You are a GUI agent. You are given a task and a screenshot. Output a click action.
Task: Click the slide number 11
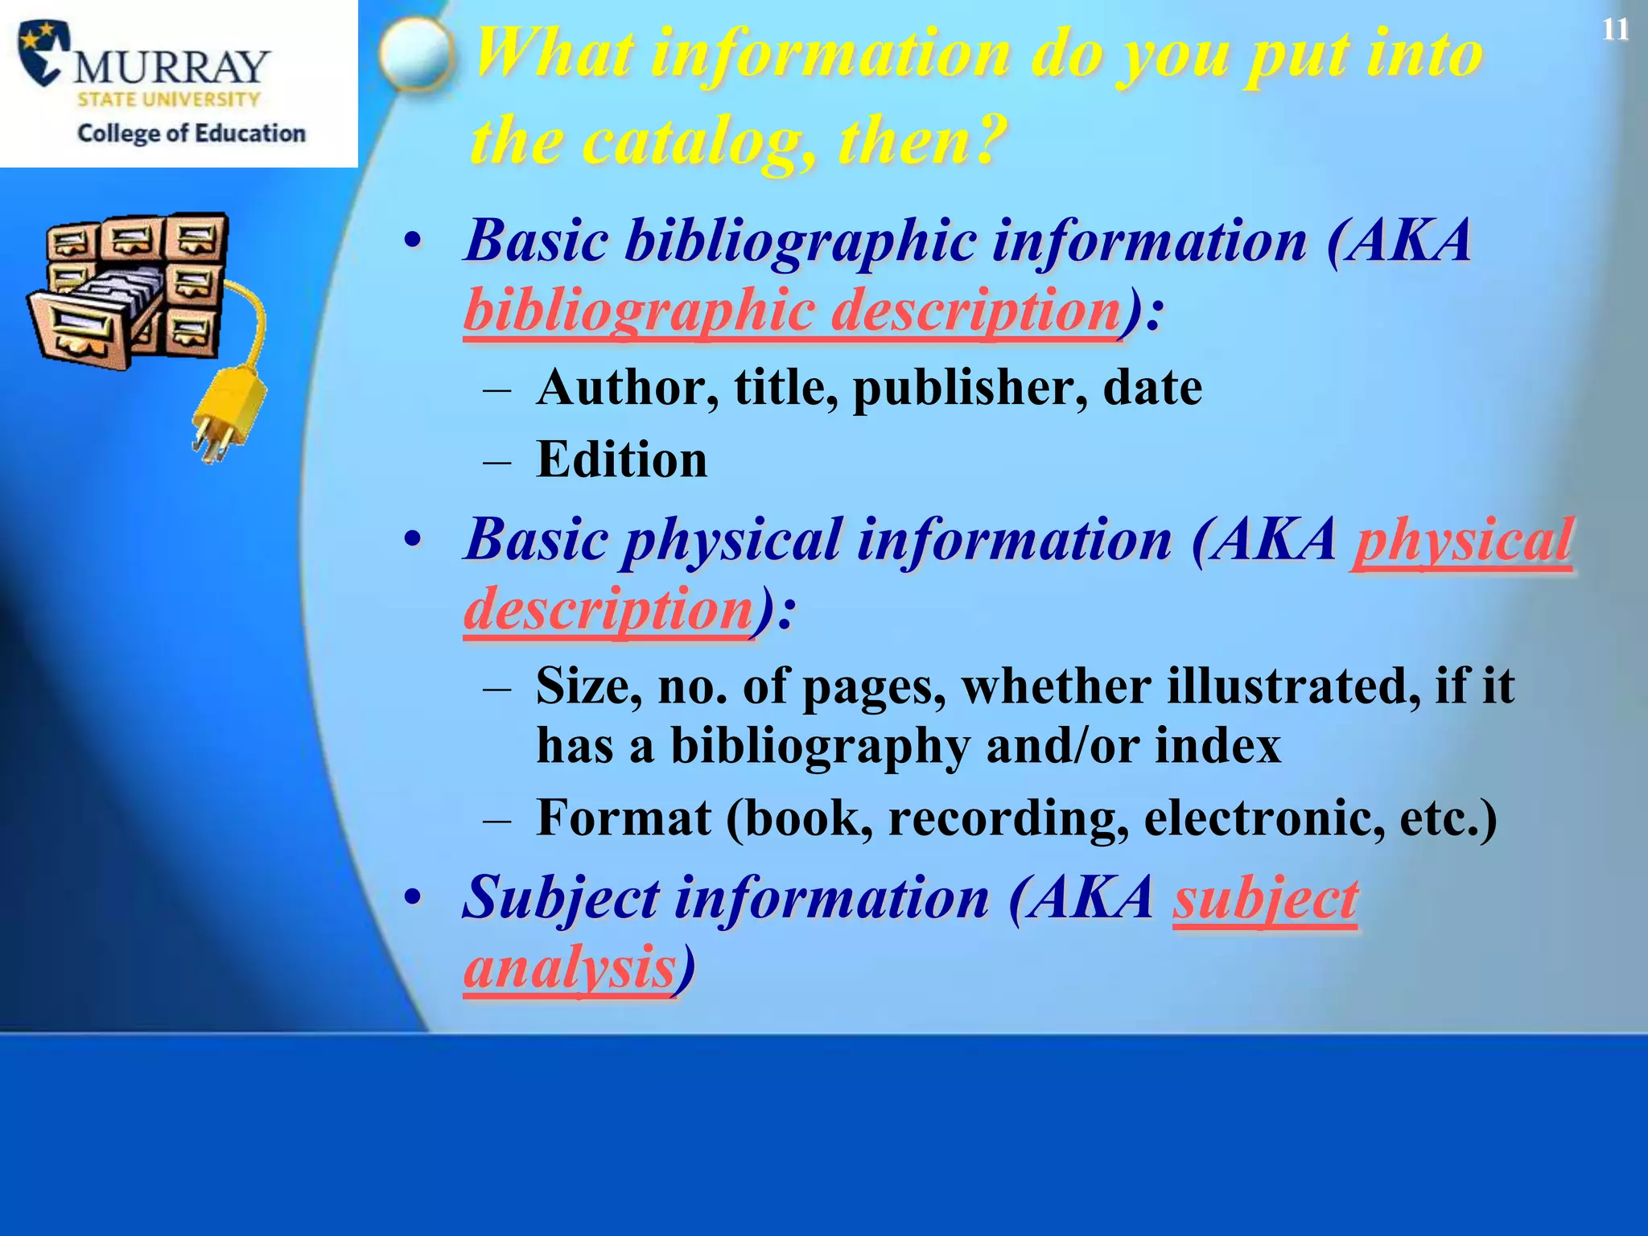tap(1614, 30)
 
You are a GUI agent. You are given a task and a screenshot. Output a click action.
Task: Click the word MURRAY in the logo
tap(171, 67)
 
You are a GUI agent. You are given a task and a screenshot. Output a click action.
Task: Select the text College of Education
tap(192, 133)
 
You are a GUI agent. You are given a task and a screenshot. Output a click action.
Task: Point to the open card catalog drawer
tap(89, 318)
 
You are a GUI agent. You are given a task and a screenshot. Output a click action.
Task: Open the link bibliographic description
tap(793, 311)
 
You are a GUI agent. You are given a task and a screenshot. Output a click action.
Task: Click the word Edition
tap(621, 459)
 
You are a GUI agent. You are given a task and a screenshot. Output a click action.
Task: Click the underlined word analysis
tap(569, 967)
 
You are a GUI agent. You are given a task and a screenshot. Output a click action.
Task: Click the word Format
tap(624, 818)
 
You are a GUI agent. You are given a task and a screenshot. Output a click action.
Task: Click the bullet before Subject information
tap(413, 898)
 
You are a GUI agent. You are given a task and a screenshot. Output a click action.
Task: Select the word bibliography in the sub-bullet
tap(820, 746)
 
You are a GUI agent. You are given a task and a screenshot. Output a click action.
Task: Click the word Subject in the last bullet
tap(561, 898)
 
